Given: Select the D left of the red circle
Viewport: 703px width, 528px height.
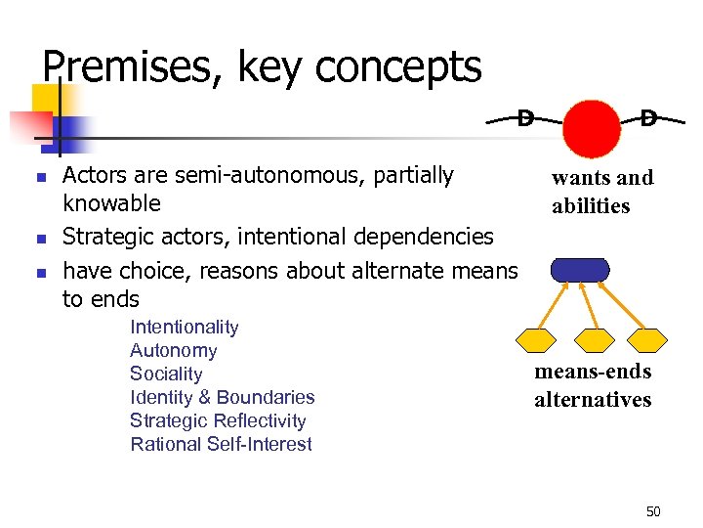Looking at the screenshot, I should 525,118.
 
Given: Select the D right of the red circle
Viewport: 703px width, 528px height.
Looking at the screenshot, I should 648,118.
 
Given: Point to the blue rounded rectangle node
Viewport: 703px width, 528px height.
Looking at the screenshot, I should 580,270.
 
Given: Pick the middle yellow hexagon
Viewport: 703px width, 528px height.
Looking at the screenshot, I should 594,339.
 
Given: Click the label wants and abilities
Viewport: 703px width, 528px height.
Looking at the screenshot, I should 602,192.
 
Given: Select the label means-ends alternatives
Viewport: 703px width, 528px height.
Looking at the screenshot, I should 593,385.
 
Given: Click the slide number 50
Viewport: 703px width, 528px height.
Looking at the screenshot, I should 653,511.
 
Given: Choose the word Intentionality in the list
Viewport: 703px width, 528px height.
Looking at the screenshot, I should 184,327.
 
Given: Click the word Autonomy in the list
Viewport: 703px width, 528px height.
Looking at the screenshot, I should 173,350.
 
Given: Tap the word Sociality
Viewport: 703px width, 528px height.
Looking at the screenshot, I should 166,374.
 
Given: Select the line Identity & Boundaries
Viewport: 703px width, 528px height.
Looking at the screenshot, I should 222,397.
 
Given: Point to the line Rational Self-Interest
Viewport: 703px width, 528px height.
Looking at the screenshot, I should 221,444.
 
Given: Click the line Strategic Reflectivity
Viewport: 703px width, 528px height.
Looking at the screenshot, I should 218,420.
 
